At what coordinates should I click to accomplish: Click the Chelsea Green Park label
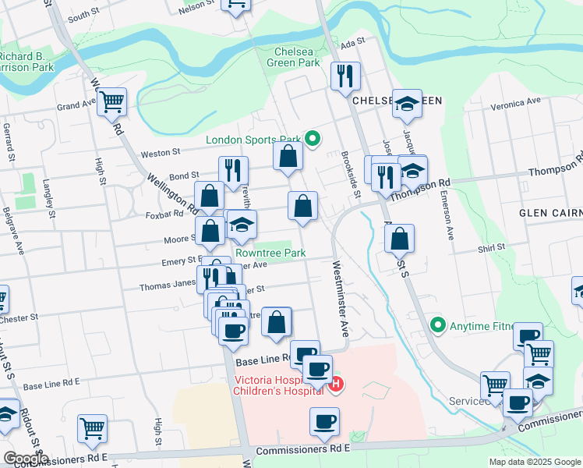(x=292, y=57)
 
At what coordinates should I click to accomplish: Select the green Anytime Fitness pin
(x=437, y=324)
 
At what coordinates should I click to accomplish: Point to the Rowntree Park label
(x=270, y=253)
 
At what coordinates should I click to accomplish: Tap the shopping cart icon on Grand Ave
(x=112, y=101)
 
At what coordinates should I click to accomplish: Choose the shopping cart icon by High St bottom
(x=92, y=427)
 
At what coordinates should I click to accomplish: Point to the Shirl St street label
(x=491, y=247)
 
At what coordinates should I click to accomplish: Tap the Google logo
(x=25, y=459)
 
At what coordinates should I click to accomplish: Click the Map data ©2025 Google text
(x=534, y=462)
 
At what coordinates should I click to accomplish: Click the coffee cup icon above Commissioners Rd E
(x=324, y=422)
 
